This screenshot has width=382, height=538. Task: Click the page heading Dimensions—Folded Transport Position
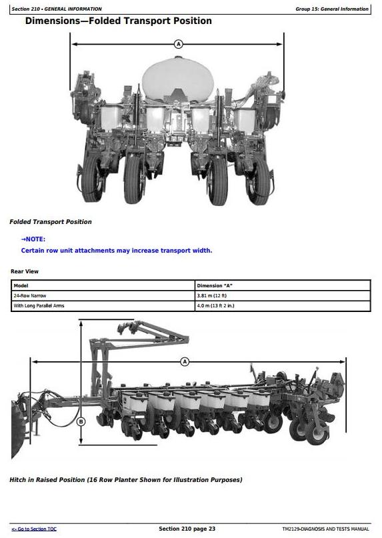pos(119,21)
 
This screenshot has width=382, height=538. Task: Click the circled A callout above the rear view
pos(178,44)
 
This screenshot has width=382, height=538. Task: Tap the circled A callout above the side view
pos(185,361)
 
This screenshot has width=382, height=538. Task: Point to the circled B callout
pos(81,421)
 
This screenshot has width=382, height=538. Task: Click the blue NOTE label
pos(33,239)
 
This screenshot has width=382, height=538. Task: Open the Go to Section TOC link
pos(34,529)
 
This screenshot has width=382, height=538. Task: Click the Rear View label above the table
pos(25,271)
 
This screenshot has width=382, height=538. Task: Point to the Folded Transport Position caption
pos(51,222)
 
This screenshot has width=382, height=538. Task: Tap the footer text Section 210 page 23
pos(187,529)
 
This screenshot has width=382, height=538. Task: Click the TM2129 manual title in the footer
pos(326,529)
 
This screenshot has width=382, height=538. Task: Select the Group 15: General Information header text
pos(332,9)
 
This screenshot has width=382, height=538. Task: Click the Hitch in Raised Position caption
pos(125,480)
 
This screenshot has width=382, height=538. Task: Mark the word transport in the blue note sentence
pos(175,251)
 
